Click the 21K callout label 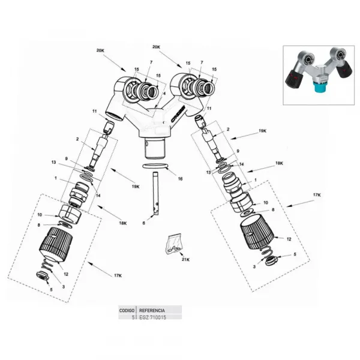185,260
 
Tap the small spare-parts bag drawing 173,244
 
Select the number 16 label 180,179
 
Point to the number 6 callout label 144,223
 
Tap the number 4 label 164,94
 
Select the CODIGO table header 127,310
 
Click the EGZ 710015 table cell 152,317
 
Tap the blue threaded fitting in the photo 320,88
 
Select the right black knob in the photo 344,70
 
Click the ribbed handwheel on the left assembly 56,245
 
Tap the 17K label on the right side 317,195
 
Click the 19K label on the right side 262,131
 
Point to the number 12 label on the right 289,239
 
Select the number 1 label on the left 56,178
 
